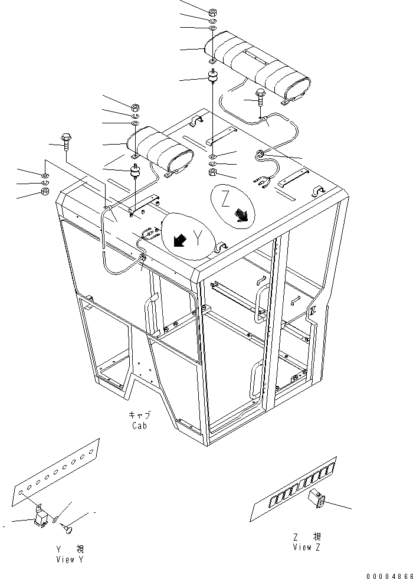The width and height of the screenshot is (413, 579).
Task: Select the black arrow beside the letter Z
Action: [241, 217]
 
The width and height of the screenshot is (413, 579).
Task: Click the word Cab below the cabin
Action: [140, 425]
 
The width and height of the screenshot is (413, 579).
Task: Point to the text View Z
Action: [306, 547]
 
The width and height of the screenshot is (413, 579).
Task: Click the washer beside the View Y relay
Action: [54, 520]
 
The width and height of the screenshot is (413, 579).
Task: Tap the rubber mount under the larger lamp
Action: [211, 77]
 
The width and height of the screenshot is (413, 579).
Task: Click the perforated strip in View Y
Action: [57, 470]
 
